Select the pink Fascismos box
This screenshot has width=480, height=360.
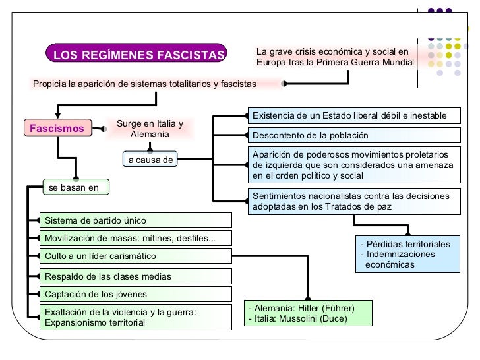tap(56, 128)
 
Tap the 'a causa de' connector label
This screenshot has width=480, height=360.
tap(150, 159)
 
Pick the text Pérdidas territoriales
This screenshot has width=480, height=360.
tap(409, 245)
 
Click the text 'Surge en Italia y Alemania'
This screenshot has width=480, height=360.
tap(150, 129)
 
